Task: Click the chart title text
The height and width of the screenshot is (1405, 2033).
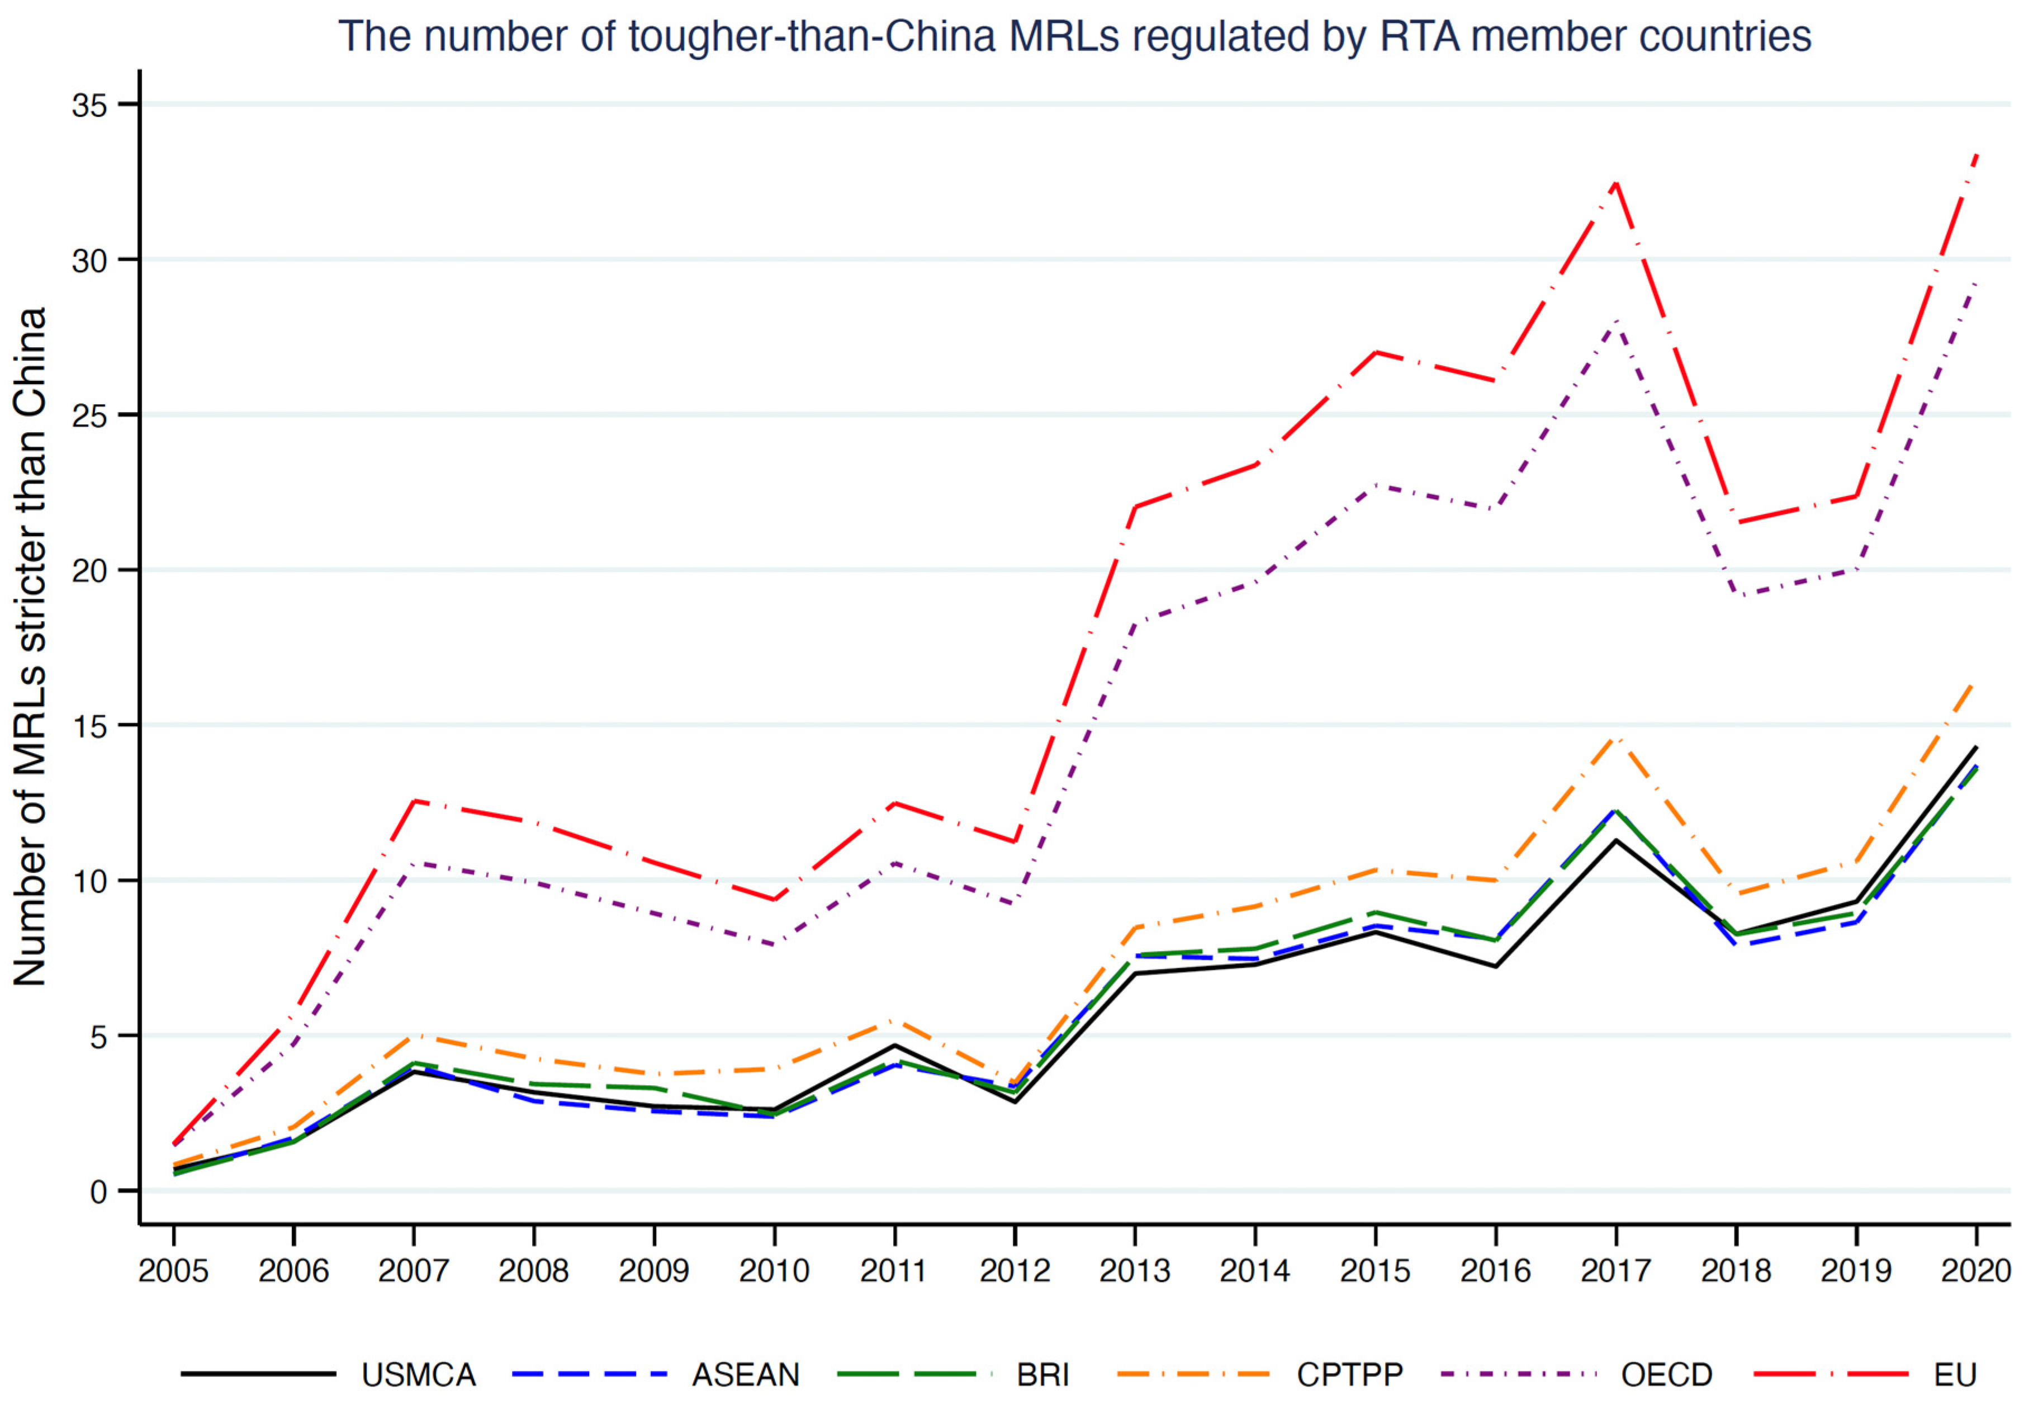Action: (1074, 37)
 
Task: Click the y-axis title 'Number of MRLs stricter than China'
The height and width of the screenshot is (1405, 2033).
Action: (30, 647)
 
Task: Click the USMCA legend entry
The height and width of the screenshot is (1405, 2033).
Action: (418, 1375)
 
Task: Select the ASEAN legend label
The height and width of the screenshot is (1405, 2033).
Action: (746, 1375)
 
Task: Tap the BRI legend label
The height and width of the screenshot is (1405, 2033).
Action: (1043, 1375)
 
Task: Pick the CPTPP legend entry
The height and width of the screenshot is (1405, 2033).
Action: (1349, 1375)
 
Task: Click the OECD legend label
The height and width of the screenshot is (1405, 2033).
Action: (1666, 1375)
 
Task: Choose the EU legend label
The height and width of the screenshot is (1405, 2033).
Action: (1955, 1375)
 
